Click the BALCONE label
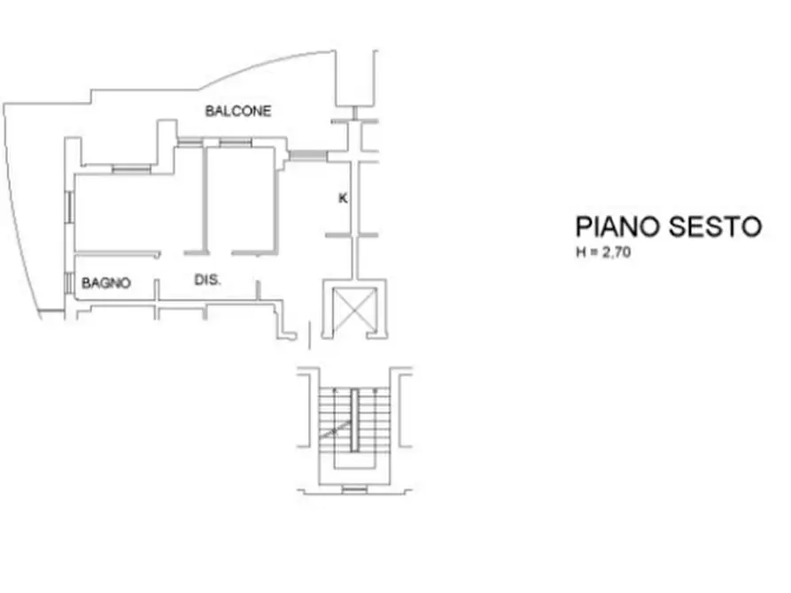[238, 111]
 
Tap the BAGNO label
[106, 283]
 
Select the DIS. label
[208, 280]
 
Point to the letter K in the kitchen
[343, 198]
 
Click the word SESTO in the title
[716, 227]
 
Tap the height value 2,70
[616, 252]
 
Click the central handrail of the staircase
[354, 420]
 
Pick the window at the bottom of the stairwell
[354, 489]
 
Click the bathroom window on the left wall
[68, 282]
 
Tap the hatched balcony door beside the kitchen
[308, 155]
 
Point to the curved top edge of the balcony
[267, 65]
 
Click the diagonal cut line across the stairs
[335, 430]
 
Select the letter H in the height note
[581, 252]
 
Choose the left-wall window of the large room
[70, 208]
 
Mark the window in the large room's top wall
[131, 169]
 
